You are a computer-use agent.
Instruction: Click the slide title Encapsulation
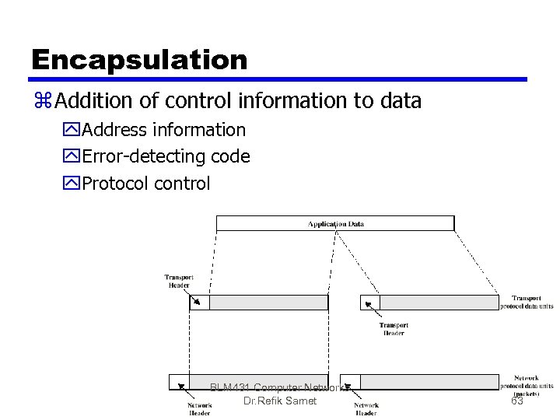139,59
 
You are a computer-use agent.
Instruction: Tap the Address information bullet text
163,130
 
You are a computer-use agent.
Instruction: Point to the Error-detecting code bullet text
166,156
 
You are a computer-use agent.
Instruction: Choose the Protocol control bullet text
146,184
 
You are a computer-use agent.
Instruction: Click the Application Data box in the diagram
335,223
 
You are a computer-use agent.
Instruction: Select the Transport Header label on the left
178,281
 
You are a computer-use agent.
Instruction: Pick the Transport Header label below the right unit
394,329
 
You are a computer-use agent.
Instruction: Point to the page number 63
517,401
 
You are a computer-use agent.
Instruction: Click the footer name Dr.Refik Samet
280,401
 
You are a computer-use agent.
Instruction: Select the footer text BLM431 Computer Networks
281,387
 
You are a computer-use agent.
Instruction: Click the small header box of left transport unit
200,303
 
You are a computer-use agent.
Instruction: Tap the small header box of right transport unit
370,303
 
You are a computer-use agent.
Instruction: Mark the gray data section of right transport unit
439,303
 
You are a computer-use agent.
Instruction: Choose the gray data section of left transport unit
268,303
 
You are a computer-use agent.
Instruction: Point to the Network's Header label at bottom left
199,408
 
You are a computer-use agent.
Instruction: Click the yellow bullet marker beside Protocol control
73,184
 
